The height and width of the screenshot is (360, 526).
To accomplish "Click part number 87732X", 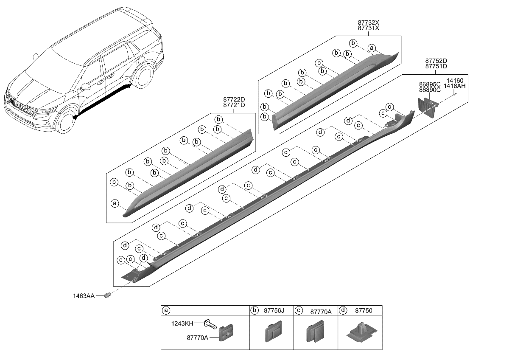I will pyautogui.click(x=368, y=22).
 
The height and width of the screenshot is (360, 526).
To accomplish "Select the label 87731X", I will pyautogui.click(x=368, y=28).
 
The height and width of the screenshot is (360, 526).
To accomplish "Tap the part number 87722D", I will pyautogui.click(x=234, y=100).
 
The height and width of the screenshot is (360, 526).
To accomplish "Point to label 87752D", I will pyautogui.click(x=436, y=61).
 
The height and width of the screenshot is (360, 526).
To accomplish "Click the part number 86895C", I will pyautogui.click(x=430, y=85).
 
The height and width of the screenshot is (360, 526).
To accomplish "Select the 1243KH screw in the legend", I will pyautogui.click(x=210, y=325).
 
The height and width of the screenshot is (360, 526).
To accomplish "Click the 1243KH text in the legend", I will pyautogui.click(x=182, y=323).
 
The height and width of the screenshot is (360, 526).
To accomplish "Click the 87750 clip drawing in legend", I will pyautogui.click(x=360, y=332).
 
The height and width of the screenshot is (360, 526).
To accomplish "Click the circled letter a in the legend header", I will pyautogui.click(x=166, y=310).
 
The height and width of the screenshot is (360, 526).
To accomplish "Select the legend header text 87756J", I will pyautogui.click(x=273, y=311).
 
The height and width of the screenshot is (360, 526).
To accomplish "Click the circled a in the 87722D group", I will pyautogui.click(x=114, y=203).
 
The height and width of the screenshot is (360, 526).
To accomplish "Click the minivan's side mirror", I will pyautogui.click(x=86, y=87).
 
